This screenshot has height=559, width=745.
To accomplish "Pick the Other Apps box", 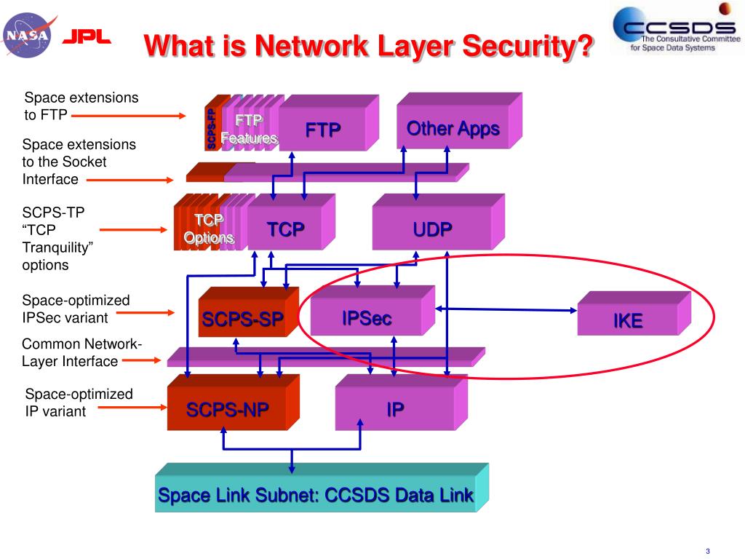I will (x=453, y=129).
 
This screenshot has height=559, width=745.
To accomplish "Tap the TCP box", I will (x=285, y=229).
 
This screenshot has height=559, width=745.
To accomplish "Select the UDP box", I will (x=432, y=229).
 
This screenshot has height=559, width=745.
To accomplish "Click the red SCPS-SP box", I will (x=242, y=319).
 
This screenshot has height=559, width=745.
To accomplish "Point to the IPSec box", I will (x=367, y=317).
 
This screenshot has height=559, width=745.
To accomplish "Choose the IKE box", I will (x=627, y=320).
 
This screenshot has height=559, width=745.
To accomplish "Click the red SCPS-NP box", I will (x=227, y=410).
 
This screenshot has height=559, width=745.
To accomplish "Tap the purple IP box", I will (x=395, y=410).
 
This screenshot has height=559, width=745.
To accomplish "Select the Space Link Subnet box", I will (x=316, y=495).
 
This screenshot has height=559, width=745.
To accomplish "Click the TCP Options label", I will (x=209, y=229).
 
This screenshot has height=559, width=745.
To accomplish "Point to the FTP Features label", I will (x=249, y=128).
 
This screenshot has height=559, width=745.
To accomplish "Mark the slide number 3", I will (x=706, y=550).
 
